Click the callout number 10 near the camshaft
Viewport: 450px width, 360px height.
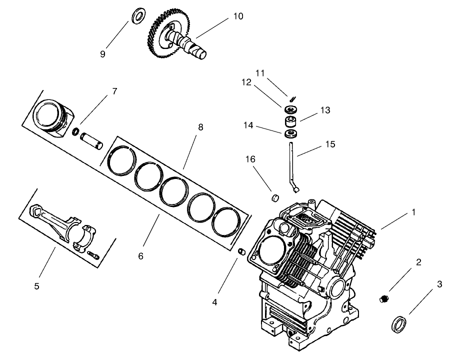[x=237, y=16]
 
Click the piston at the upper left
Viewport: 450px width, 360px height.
[x=50, y=118]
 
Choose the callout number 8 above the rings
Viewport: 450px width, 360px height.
[x=200, y=127]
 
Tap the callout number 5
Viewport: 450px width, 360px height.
[x=36, y=286]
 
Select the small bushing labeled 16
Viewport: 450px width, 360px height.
[x=274, y=196]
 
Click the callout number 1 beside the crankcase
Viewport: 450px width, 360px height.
[x=413, y=212]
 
